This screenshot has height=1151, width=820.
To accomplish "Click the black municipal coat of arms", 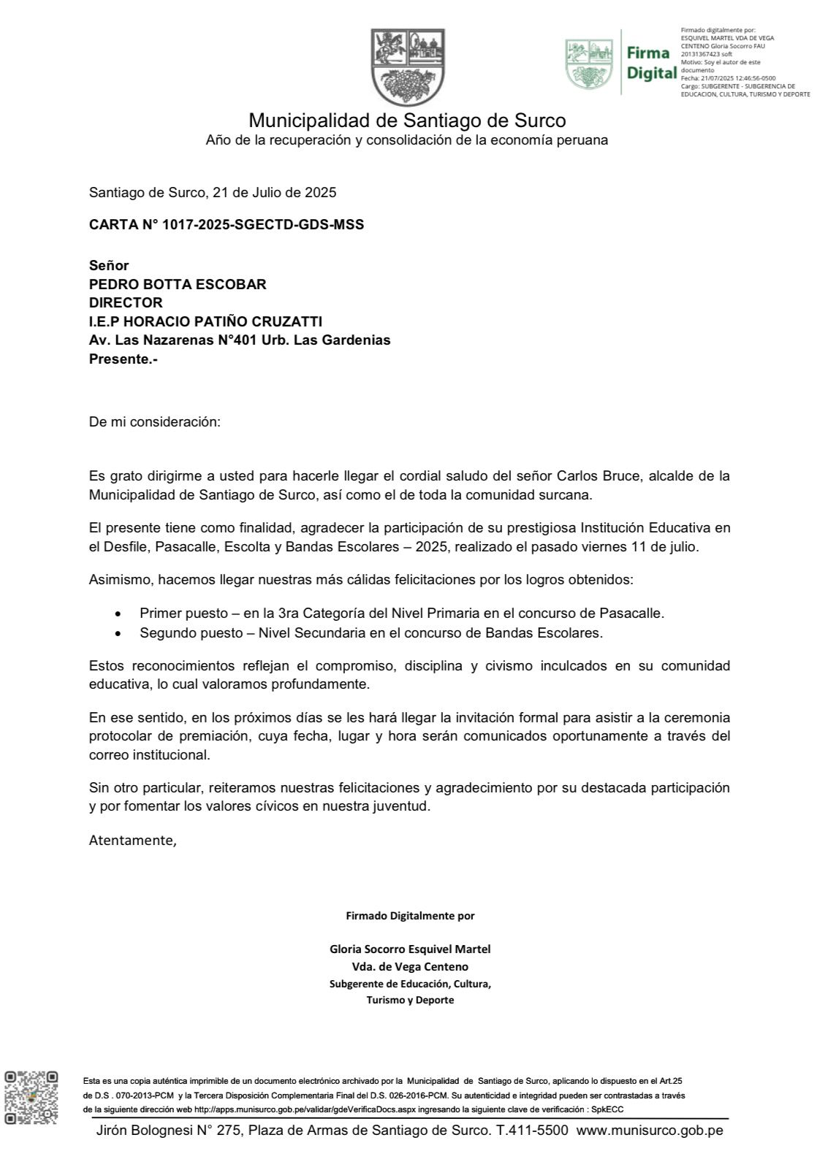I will pos(408,67).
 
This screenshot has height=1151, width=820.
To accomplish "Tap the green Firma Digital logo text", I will pos(650,63).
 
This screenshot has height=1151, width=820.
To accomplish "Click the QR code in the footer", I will pos(31,1097).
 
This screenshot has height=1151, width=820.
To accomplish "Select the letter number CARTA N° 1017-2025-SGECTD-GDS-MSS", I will pos(226,225).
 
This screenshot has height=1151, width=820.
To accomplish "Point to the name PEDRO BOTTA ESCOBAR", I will pos(178,284).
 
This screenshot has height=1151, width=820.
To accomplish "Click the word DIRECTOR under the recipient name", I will pos(126,302).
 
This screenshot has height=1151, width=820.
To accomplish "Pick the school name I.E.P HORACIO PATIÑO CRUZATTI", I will pos(205,321).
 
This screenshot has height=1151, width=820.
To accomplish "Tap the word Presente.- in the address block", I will pos(123,359).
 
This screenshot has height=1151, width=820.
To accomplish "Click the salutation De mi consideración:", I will pos(154,422).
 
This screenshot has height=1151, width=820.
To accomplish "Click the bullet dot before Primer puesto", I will pos(120,614).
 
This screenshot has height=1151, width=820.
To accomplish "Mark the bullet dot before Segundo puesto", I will pos(120,633).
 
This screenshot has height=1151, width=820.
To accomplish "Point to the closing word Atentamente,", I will pos(132,840).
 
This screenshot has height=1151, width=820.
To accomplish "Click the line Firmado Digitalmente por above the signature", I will pos(409,915).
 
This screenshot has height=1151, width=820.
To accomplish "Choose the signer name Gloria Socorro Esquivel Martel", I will pos(410,949).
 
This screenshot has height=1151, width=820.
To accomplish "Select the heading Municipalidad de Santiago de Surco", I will pos(407,120).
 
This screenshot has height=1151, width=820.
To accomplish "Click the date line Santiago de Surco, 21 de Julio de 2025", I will pos(212,193).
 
